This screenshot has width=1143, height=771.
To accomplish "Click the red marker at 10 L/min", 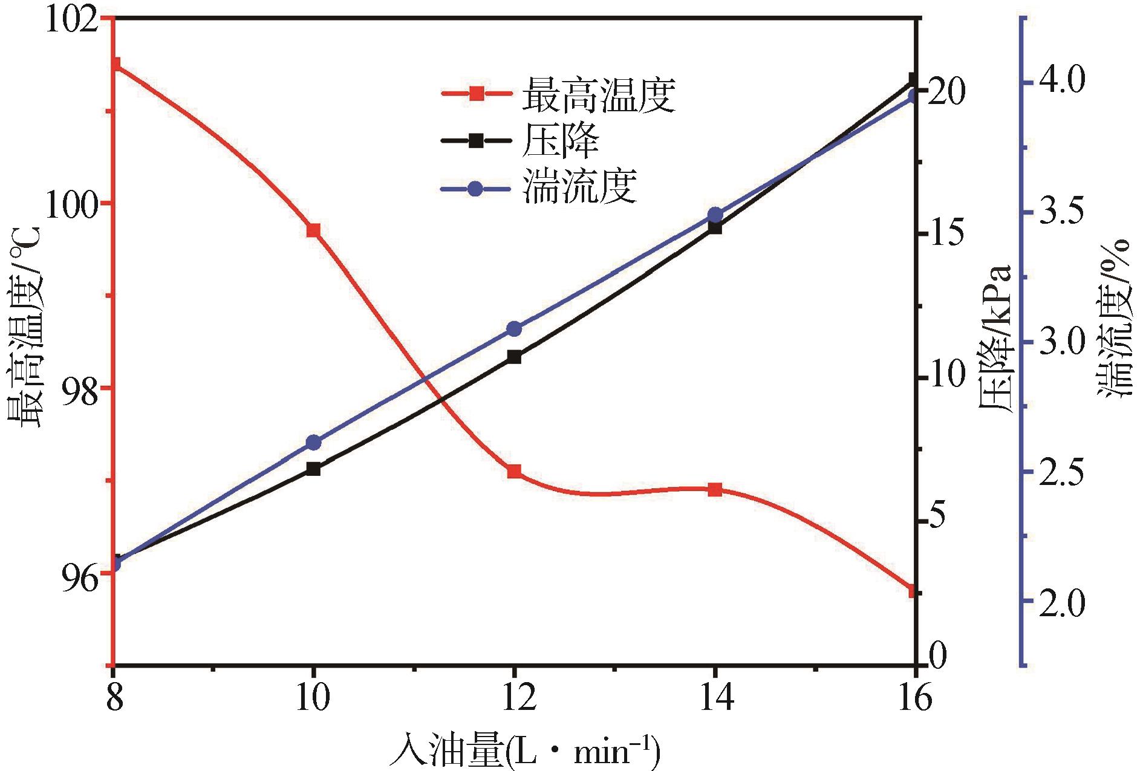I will [x=313, y=230].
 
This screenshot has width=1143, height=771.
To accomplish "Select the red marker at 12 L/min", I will [x=514, y=472].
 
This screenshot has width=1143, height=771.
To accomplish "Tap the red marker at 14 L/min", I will [x=715, y=489].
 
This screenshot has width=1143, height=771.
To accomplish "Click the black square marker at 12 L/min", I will [x=514, y=356].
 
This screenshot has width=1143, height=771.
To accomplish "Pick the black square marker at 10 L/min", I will [x=313, y=469].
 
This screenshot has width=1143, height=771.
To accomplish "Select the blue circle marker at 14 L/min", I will [x=715, y=215].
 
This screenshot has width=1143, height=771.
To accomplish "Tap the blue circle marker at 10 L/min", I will [x=313, y=442].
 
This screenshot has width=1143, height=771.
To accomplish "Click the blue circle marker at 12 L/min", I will [x=514, y=329].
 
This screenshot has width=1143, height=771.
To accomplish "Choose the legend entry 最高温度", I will [x=598, y=94].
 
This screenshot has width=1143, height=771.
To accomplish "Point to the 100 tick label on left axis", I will [x=72, y=203].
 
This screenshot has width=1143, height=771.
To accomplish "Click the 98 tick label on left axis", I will [x=80, y=388].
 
